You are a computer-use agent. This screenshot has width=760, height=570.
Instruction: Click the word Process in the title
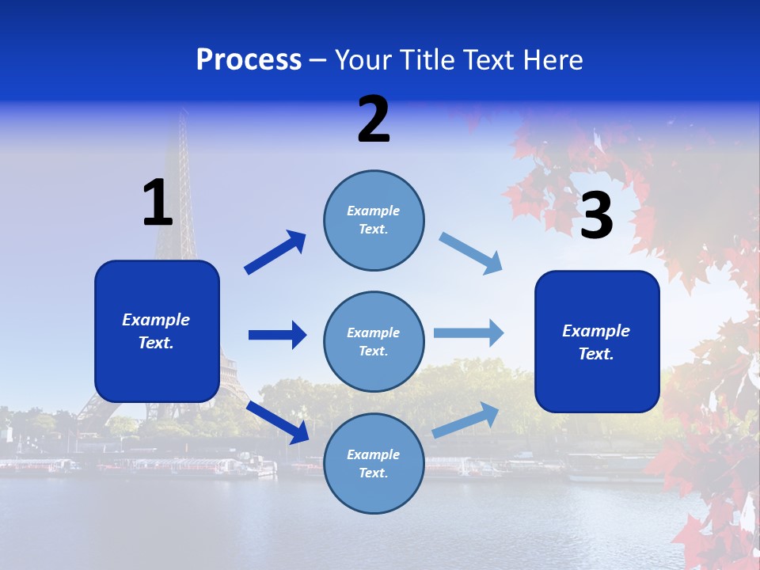(x=249, y=60)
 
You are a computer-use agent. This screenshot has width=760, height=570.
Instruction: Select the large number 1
(x=158, y=203)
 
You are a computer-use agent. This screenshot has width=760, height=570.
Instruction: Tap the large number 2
(x=374, y=120)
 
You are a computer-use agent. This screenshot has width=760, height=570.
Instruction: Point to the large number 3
(x=596, y=216)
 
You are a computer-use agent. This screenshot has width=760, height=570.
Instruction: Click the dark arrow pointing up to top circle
(x=275, y=253)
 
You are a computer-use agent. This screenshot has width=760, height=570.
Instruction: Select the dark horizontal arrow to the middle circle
(x=277, y=335)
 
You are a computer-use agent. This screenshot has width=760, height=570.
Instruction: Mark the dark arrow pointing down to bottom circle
(x=277, y=422)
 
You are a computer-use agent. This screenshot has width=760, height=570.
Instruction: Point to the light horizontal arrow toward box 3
(x=469, y=333)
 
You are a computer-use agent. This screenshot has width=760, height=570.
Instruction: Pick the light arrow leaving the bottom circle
(x=465, y=420)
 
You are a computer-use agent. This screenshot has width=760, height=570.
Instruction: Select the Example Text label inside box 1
(x=156, y=331)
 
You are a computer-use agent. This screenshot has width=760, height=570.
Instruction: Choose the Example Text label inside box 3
(x=596, y=342)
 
